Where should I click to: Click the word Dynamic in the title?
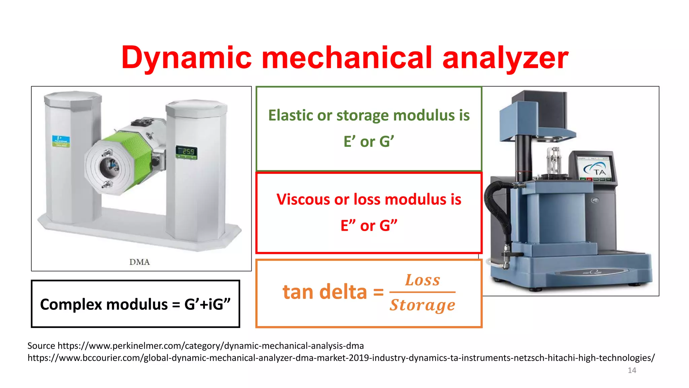point(186,58)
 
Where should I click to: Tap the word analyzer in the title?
point(505,58)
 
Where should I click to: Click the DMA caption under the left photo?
point(139,262)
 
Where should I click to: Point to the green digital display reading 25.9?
point(186,152)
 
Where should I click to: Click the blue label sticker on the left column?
point(61,141)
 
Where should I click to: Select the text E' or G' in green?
point(369,141)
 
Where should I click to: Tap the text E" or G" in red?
point(369,226)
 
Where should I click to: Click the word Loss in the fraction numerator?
point(423,280)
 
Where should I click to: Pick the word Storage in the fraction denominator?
point(423,305)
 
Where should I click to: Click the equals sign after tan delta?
point(378,292)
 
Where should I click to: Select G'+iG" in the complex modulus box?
point(208,304)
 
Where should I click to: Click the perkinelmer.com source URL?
point(211,346)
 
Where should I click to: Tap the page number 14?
point(632,370)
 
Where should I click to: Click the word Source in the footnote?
point(41,346)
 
